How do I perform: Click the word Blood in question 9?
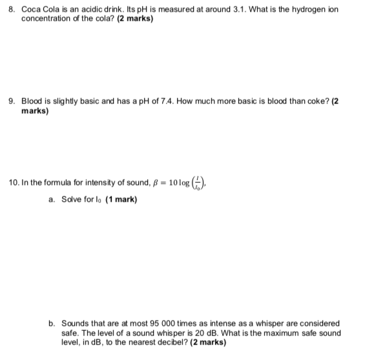click(32, 101)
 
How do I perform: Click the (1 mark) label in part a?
click(119, 200)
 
